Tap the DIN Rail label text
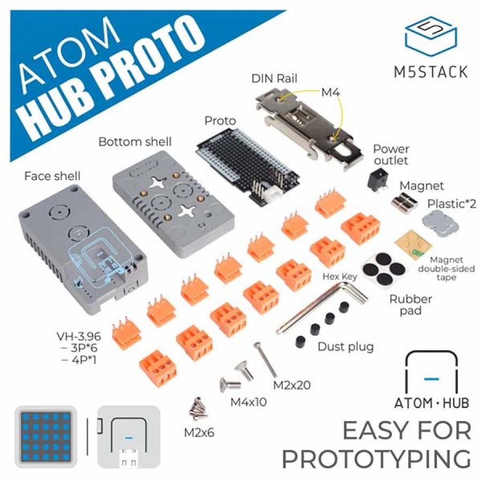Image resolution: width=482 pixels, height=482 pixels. [x=274, y=79]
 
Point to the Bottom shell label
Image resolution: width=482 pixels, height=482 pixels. [x=135, y=141]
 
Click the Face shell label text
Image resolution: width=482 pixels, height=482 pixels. [x=52, y=176]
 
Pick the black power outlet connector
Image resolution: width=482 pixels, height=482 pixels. [x=378, y=181]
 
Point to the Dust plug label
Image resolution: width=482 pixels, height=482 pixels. [x=345, y=347]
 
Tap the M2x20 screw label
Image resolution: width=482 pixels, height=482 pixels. [x=292, y=385]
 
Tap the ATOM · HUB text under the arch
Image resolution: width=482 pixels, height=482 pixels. [x=432, y=402]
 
